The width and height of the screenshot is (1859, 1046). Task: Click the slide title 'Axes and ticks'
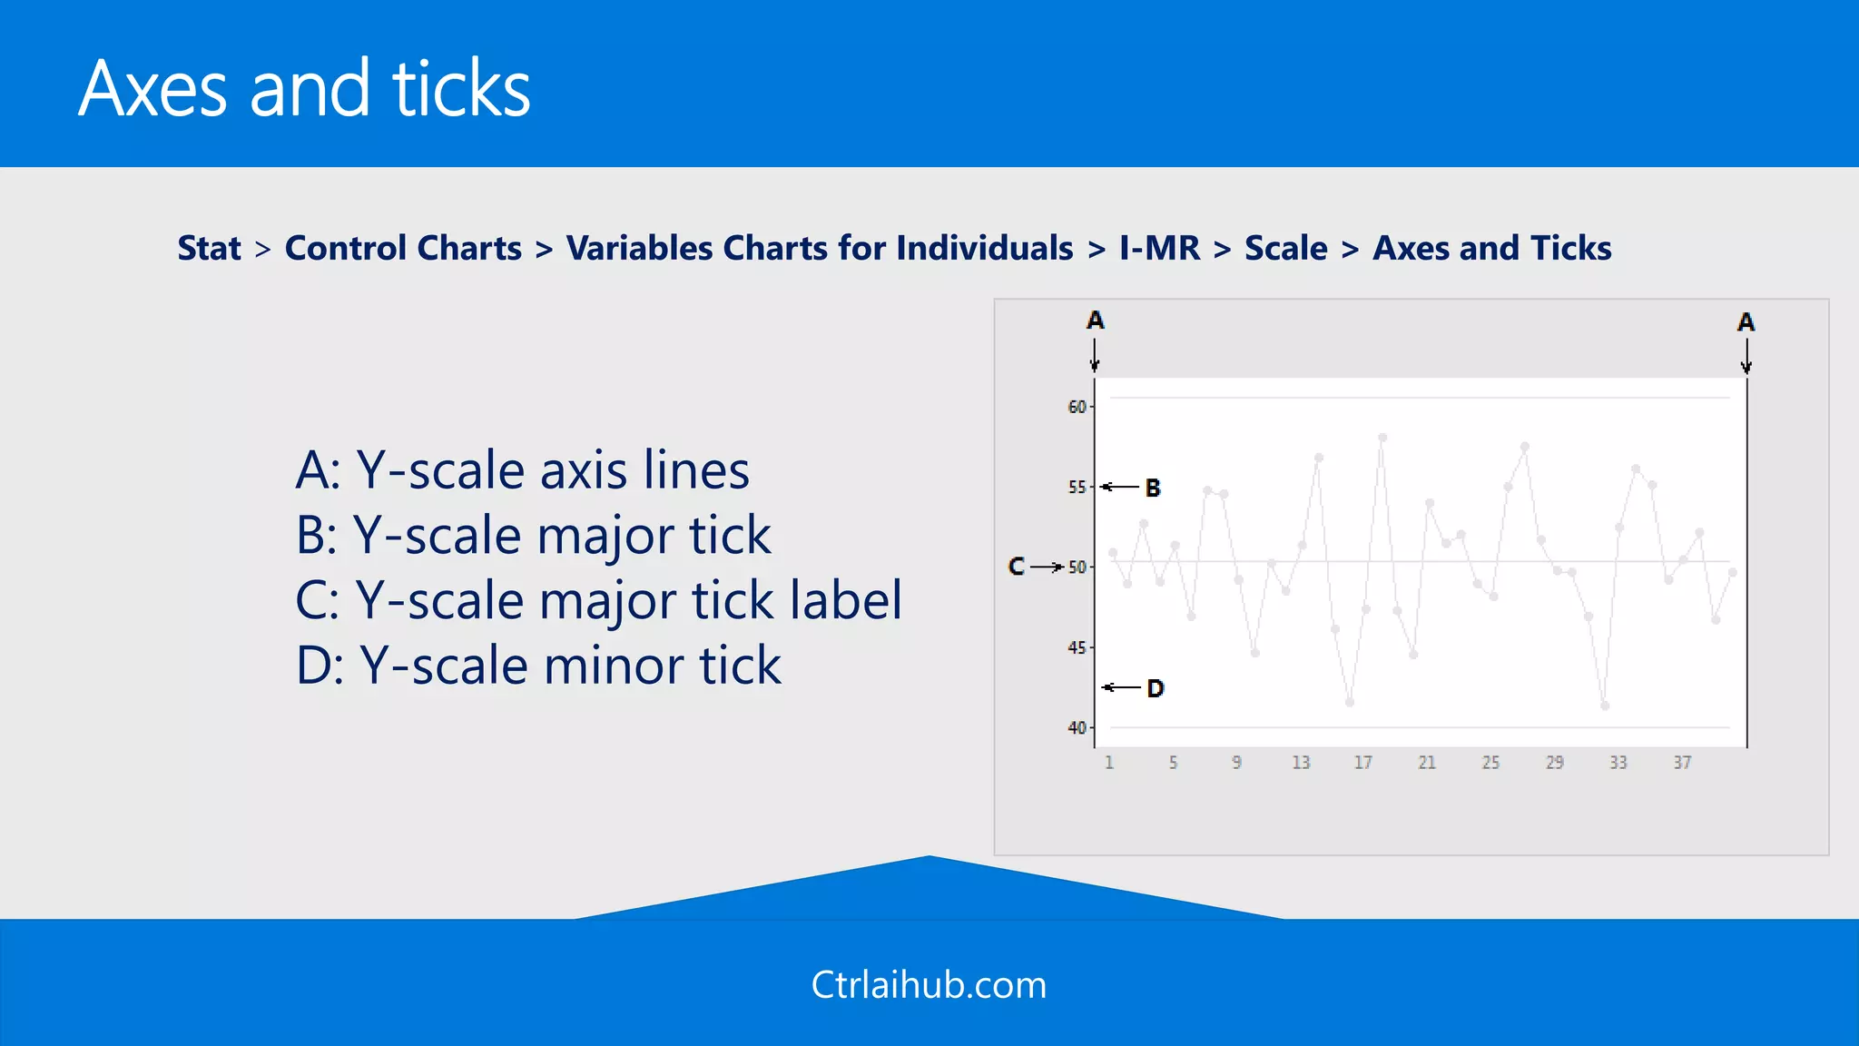coord(304,88)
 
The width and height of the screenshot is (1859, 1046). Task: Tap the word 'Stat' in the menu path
coord(209,248)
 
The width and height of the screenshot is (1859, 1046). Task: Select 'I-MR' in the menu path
coord(1159,248)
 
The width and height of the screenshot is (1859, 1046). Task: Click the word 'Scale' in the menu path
coord(1285,248)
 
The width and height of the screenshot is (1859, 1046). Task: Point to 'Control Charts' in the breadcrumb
coord(403,248)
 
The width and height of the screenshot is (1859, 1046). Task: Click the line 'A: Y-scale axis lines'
coord(522,470)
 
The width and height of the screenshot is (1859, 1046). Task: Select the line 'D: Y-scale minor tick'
coord(538,666)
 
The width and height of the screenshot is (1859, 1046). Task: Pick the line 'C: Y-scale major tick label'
coord(598,600)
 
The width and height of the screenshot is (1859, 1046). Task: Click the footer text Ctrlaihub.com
coord(929,985)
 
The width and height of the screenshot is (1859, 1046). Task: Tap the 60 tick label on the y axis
coord(1077,407)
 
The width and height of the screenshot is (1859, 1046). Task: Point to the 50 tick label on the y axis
coord(1077,567)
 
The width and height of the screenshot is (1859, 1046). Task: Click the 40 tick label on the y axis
coord(1077,728)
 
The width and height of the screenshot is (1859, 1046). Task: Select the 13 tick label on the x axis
coord(1301,763)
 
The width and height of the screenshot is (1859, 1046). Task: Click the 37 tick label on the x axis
coord(1682,763)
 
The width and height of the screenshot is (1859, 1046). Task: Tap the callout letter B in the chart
coord(1153,488)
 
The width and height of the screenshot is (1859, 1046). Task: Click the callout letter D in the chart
coord(1155,688)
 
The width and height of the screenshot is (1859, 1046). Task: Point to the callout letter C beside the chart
coord(1016,567)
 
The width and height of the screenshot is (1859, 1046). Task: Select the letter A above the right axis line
coord(1746,322)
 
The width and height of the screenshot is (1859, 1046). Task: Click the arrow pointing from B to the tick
coord(1120,488)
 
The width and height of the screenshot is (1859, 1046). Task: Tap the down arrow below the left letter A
coord(1095,355)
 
